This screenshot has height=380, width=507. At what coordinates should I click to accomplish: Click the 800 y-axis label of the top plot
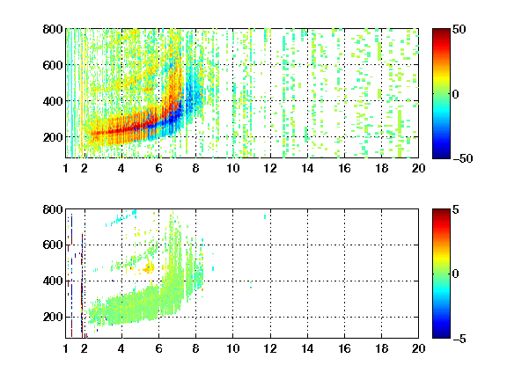click(53, 29)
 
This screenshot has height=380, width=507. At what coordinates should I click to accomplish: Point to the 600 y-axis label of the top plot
click(53, 65)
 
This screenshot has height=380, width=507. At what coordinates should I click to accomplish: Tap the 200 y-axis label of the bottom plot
click(53, 317)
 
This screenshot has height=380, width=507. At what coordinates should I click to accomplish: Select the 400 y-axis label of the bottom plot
click(53, 281)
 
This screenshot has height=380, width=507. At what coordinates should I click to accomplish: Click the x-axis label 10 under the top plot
click(232, 168)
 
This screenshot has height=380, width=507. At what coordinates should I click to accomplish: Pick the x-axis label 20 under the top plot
click(418, 168)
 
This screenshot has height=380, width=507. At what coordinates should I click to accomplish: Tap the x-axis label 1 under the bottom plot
click(66, 348)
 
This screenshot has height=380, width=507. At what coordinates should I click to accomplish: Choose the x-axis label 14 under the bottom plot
click(307, 348)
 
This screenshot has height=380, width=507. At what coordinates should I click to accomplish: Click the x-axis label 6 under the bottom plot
click(158, 348)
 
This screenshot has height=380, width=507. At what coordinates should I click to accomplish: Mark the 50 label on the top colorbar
click(459, 29)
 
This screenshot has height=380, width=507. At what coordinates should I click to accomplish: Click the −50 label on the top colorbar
click(463, 158)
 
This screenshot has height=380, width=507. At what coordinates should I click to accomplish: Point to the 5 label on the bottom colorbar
click(456, 209)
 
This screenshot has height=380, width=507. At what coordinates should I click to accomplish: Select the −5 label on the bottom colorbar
click(459, 339)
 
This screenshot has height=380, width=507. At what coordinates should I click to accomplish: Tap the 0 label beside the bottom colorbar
click(456, 274)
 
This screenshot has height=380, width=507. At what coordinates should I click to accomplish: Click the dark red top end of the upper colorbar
click(441, 31)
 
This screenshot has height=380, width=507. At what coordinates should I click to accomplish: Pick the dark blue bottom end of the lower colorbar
click(441, 336)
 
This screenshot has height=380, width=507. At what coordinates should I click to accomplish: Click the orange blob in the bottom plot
click(149, 268)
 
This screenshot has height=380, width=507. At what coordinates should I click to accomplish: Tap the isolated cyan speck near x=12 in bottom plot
click(265, 216)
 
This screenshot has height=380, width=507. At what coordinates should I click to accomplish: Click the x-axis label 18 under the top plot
click(381, 168)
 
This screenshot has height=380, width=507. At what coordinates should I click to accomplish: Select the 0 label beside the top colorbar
click(456, 94)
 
